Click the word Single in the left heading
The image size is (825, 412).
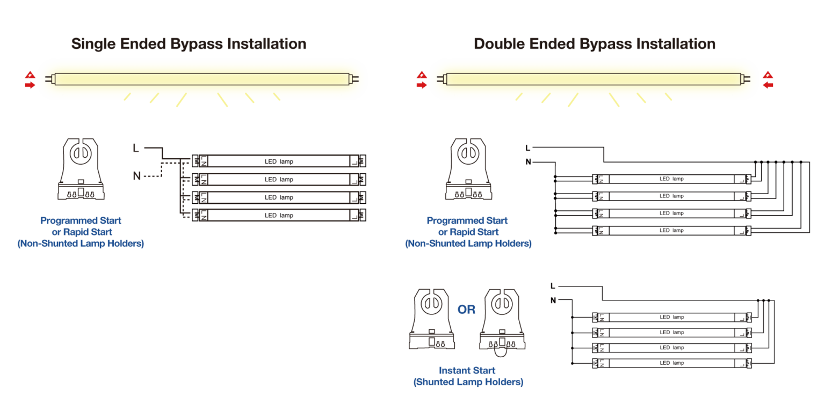93,44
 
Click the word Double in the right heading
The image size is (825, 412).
499,44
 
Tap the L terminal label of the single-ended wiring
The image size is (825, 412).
136,148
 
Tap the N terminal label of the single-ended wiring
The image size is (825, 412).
136,176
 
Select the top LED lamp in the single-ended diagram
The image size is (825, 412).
279,161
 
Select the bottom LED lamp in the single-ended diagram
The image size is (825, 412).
279,215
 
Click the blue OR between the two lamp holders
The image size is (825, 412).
466,310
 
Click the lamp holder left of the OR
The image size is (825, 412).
432,319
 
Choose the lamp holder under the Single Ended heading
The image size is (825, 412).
81,169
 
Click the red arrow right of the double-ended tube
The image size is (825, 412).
768,85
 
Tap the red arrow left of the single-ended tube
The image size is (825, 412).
30,85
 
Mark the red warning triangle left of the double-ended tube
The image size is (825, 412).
422,76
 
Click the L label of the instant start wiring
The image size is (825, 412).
553,286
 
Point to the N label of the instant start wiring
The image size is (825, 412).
553,300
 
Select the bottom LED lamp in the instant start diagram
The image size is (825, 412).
672,363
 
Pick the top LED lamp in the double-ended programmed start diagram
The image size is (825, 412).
671,179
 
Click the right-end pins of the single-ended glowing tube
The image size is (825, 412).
354,79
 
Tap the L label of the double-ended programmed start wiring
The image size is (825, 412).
528,148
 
